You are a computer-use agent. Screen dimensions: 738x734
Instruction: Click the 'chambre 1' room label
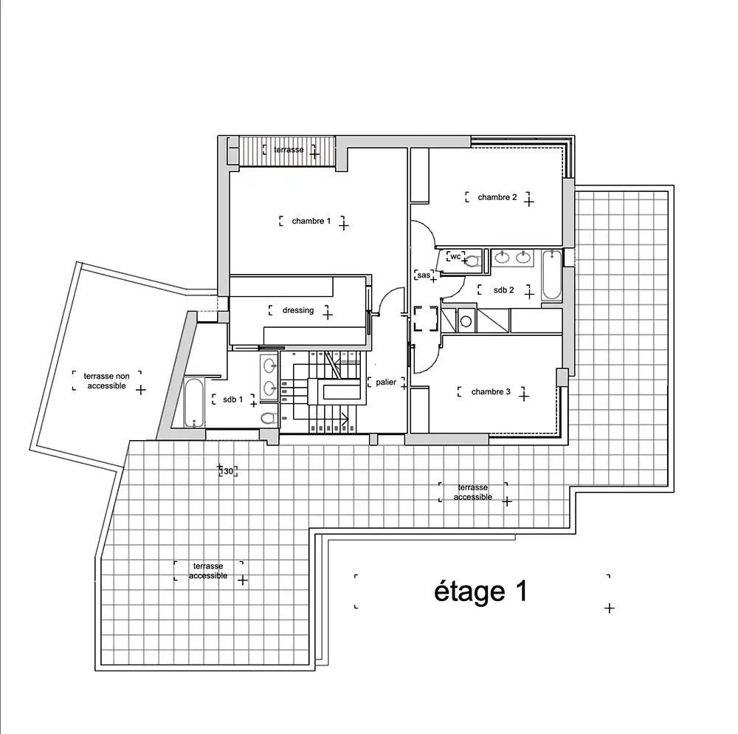click(x=311, y=221)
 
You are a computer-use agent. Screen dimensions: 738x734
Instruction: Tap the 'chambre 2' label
click(x=497, y=197)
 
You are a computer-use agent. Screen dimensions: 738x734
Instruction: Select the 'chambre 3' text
click(x=491, y=391)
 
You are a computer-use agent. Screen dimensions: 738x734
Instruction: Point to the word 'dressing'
click(x=298, y=311)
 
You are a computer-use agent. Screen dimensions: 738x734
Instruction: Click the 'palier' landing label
click(x=386, y=383)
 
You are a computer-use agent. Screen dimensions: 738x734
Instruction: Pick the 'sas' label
click(x=424, y=275)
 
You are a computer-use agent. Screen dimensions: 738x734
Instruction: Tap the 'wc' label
click(x=455, y=256)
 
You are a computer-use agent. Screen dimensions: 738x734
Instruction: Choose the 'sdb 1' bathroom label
click(x=233, y=399)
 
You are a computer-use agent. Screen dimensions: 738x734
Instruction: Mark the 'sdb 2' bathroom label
click(x=503, y=290)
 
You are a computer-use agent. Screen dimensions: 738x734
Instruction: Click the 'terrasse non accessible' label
click(x=106, y=381)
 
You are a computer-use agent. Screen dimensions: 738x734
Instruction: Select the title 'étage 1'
click(x=480, y=591)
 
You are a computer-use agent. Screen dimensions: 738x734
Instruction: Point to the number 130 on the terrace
click(x=227, y=471)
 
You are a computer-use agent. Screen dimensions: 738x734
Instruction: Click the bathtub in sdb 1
click(x=193, y=403)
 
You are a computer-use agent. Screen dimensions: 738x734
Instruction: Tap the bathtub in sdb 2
click(x=551, y=275)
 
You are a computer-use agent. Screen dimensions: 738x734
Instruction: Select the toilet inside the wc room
click(x=471, y=261)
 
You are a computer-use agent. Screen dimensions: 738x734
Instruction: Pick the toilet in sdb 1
click(x=269, y=418)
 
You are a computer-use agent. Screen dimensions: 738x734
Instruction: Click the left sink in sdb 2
click(x=503, y=257)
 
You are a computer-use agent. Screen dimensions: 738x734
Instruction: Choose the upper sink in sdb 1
click(x=269, y=365)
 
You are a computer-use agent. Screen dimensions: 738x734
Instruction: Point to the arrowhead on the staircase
click(x=346, y=418)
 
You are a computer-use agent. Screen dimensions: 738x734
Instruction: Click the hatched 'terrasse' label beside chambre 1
click(x=289, y=150)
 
